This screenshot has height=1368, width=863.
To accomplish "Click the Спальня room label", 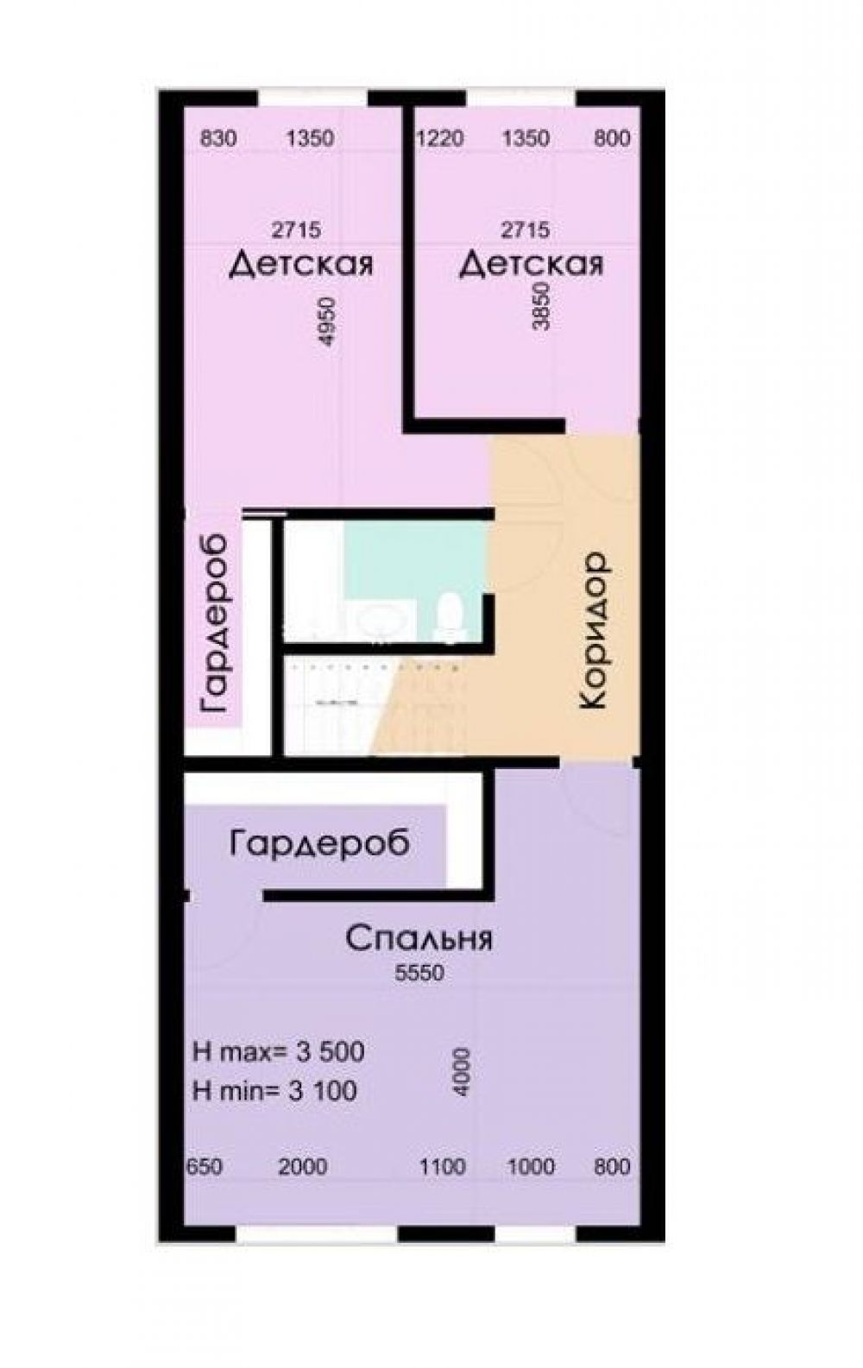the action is (x=419, y=939).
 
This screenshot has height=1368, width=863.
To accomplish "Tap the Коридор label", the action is (x=594, y=632).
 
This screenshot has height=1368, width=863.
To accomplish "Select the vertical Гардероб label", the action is (x=214, y=623).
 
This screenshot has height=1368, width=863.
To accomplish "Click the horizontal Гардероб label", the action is (x=320, y=845).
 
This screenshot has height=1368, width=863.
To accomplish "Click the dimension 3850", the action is (x=541, y=306).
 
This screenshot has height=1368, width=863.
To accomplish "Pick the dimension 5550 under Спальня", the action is (x=419, y=973).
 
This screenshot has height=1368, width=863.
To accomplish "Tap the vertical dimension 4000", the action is (x=463, y=1073).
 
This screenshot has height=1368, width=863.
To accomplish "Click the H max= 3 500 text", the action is (x=279, y=1052).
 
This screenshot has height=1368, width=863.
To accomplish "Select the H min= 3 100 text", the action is (x=274, y=1091).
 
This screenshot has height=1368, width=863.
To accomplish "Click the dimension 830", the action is (x=218, y=139).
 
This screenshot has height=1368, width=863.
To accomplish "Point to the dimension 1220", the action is (x=439, y=139).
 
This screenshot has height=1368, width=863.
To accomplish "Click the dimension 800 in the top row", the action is (x=612, y=139).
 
